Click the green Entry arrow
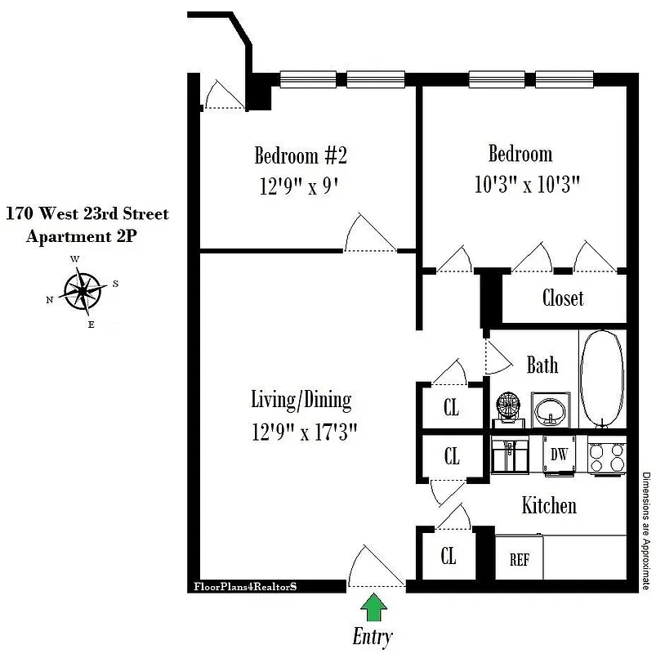(x=374, y=608)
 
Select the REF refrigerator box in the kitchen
(x=519, y=560)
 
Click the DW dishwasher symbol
(x=559, y=455)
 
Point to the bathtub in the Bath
(x=604, y=379)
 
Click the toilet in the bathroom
(x=508, y=409)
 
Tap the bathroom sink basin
(x=551, y=408)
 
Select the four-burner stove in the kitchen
(x=607, y=455)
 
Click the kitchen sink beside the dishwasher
(x=510, y=455)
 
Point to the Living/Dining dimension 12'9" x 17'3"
(x=304, y=431)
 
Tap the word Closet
(x=563, y=297)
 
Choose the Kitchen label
(x=549, y=505)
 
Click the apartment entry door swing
(x=373, y=568)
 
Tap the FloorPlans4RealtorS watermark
(x=244, y=586)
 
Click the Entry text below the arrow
(x=373, y=636)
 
